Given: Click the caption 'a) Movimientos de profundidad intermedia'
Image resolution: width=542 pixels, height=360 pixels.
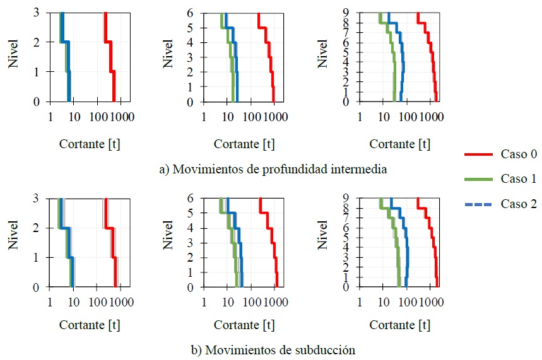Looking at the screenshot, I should pos(273,169).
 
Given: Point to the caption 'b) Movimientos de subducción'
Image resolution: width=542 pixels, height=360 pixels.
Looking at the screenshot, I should pos(273,349).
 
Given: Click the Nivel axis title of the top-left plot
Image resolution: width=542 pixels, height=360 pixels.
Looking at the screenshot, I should pos(13,54).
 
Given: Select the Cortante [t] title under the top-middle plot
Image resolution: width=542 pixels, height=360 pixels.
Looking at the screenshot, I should pos(244,144).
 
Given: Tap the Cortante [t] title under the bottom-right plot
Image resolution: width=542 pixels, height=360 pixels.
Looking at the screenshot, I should pos(399,325).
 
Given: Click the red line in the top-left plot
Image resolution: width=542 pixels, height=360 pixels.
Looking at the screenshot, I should pos(110,57).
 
